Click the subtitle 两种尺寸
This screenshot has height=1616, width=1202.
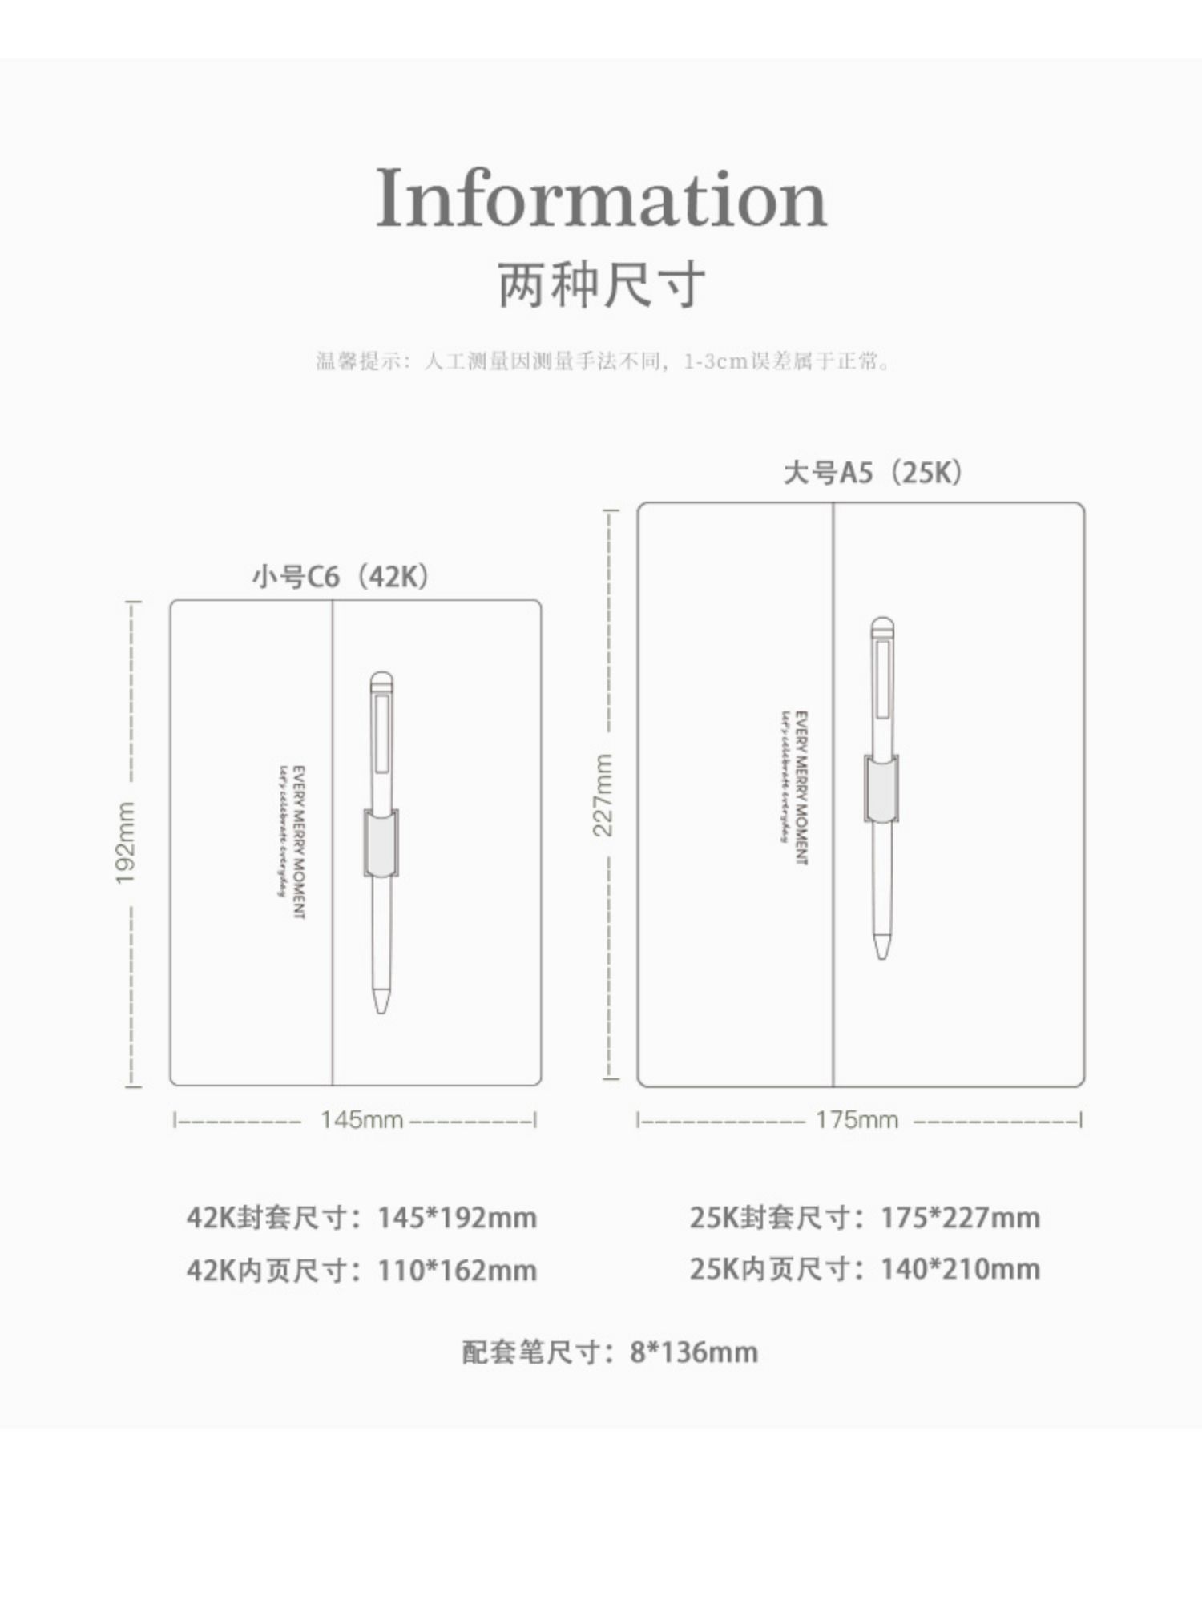pos(601,284)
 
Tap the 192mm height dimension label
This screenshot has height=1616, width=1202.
pos(126,843)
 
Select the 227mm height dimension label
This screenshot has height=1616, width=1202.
pos(603,795)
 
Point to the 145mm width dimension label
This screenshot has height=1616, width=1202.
pos(361,1119)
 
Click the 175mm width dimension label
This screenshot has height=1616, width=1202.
pos(857,1119)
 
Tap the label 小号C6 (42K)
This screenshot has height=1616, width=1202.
pos(341,576)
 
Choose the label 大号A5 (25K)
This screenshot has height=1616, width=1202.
pos(872,473)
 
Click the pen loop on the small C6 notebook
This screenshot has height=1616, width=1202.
pos(381,842)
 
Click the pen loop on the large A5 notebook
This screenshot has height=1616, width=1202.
pos(881,788)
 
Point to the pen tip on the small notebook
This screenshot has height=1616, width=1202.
pos(381,1001)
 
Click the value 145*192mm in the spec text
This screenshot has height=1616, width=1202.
pos(457,1218)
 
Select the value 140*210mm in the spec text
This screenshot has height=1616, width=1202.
pos(960,1269)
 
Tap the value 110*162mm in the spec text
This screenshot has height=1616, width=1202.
pos(457,1270)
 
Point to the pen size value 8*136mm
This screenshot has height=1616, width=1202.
pos(693,1352)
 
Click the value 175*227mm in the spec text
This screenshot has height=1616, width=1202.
pos(960,1218)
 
